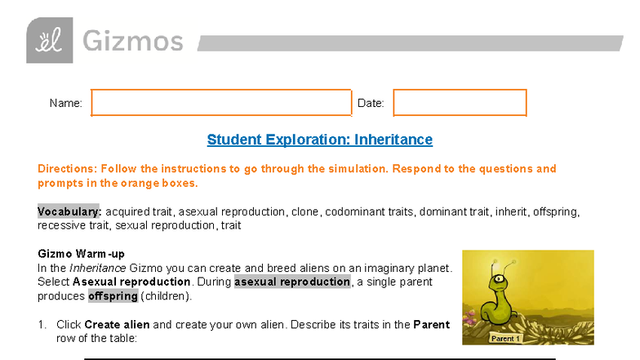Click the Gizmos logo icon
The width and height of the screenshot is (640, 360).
(49, 40)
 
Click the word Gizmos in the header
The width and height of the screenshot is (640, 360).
(132, 41)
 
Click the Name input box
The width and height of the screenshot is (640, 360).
(220, 103)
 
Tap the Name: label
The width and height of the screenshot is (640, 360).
(65, 104)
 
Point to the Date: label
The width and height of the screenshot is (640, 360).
(371, 104)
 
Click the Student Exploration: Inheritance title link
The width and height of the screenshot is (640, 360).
(319, 140)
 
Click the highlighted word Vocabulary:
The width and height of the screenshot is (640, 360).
(69, 211)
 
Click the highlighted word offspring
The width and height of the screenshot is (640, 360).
(113, 296)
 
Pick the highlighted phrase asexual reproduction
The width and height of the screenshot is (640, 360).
(292, 282)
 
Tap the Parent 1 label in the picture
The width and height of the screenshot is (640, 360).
(505, 337)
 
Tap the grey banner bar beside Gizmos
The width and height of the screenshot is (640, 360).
(408, 42)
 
